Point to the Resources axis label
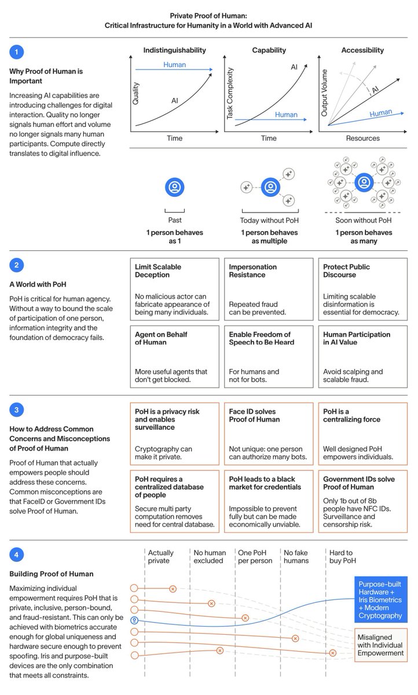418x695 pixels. click(x=362, y=138)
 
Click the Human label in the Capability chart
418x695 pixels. click(x=286, y=115)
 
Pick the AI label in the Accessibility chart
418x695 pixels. click(x=375, y=90)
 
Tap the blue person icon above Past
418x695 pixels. click(x=174, y=186)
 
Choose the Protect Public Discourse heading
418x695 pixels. click(x=347, y=270)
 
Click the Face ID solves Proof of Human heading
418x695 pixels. click(x=254, y=415)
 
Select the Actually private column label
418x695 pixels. click(x=160, y=557)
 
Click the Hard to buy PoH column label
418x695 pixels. click(x=342, y=557)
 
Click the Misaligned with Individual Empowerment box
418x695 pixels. click(x=380, y=645)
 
